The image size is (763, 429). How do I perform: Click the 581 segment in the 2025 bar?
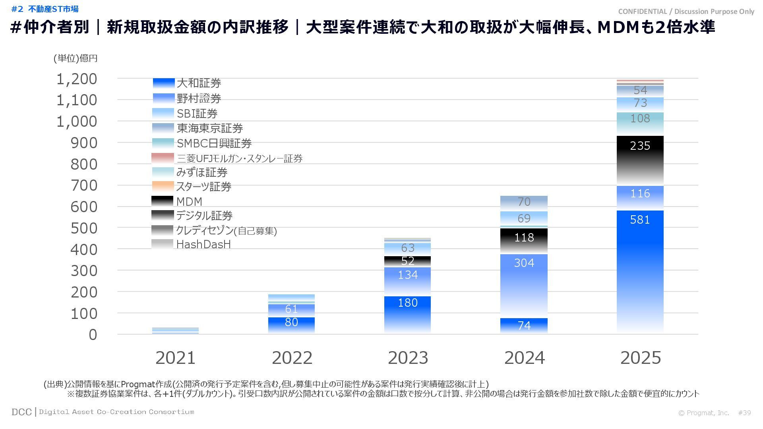click(x=640, y=270)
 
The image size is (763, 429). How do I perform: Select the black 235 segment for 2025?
click(x=640, y=161)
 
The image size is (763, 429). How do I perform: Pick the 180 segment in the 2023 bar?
click(x=408, y=314)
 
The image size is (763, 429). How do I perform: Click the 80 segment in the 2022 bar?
click(x=291, y=325)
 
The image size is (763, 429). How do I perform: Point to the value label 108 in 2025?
click(x=640, y=118)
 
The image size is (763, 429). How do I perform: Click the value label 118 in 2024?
click(x=524, y=238)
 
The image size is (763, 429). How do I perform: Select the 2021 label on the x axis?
click(x=175, y=358)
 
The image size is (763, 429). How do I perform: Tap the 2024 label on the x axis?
click(x=524, y=358)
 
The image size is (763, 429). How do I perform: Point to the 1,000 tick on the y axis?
click(x=77, y=122)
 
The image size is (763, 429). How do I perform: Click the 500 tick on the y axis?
click(x=84, y=228)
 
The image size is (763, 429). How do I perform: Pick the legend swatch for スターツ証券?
click(x=163, y=186)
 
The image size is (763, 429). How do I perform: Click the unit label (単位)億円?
click(x=76, y=58)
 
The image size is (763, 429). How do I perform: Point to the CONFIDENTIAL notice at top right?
click(x=686, y=12)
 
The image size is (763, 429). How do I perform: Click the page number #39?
click(x=744, y=413)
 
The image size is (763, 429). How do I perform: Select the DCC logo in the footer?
click(x=21, y=412)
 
